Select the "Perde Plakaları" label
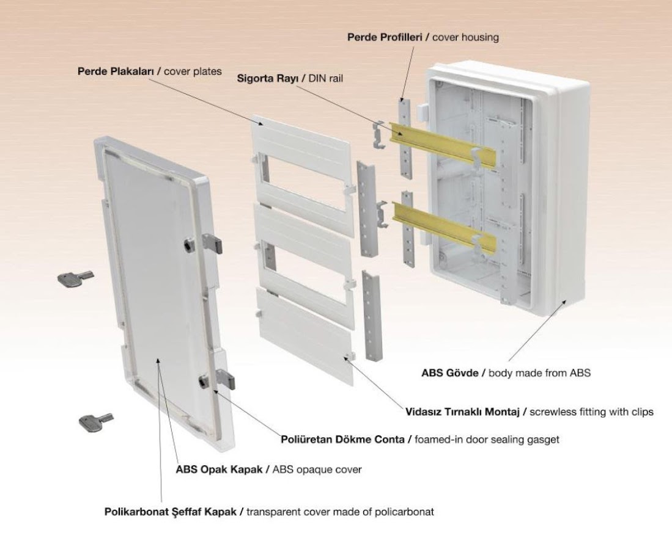click(x=114, y=71)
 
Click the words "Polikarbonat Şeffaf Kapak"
click(x=172, y=511)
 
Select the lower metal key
click(x=95, y=421)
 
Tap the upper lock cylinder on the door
click(x=186, y=244)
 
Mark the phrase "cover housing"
click(x=468, y=37)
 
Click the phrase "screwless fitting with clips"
click(x=591, y=412)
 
